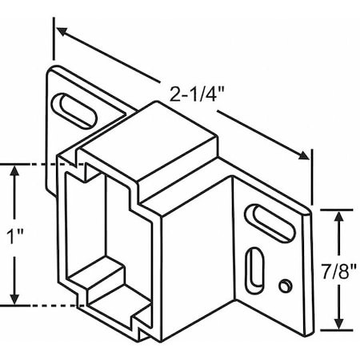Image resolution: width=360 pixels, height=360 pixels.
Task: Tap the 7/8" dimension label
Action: coord(342,269)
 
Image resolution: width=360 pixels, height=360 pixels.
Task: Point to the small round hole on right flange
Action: coord(284,285)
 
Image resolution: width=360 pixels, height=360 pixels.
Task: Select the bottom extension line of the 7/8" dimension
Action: coord(332,329)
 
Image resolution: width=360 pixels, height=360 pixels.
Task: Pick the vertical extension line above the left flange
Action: coord(54,44)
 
